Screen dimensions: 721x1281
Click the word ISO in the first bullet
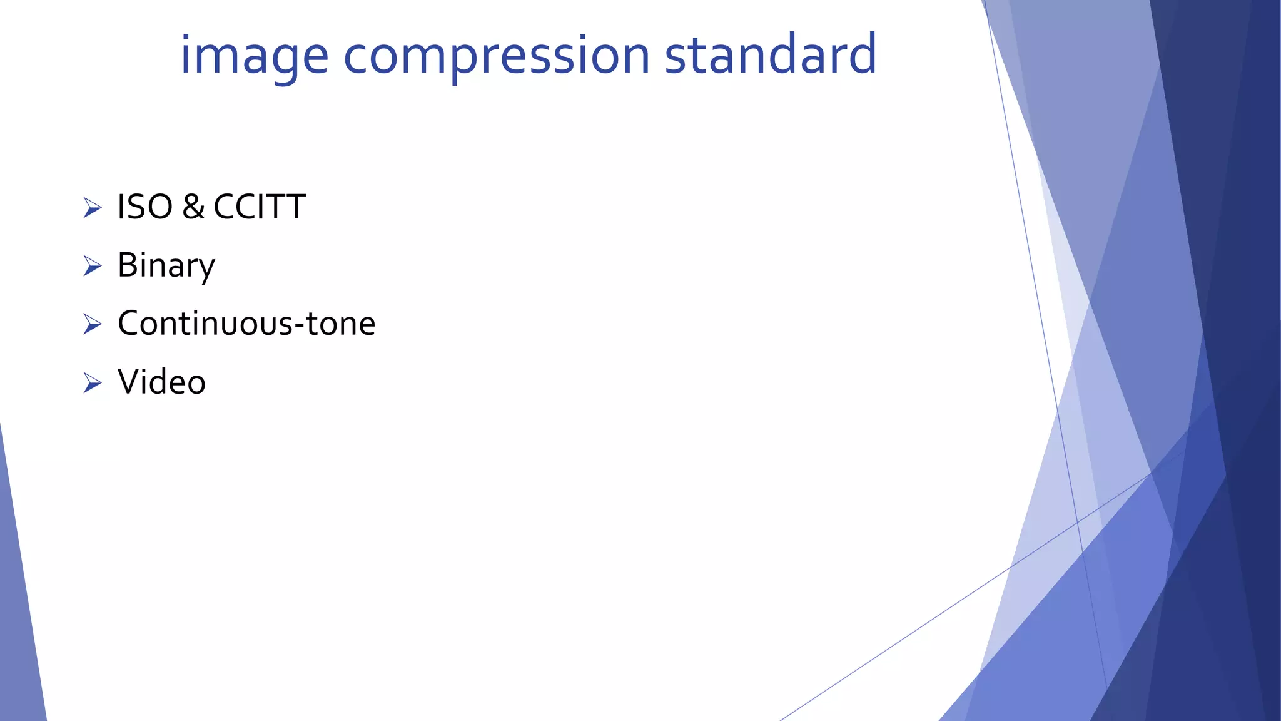pos(144,207)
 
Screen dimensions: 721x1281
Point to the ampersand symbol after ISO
pos(193,207)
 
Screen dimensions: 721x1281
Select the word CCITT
pos(259,207)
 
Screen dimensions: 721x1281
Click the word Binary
pos(166,265)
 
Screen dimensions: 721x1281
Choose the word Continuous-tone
pos(246,324)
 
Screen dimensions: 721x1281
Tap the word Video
pos(161,382)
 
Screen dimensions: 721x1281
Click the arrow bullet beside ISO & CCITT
pos(92,208)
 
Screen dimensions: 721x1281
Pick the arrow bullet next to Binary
pos(92,266)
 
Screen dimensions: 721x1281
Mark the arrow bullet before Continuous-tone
pos(92,324)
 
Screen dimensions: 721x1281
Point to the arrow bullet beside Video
pos(92,382)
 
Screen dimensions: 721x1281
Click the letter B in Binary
pos(128,265)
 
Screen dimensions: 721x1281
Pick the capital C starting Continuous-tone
pos(130,324)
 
